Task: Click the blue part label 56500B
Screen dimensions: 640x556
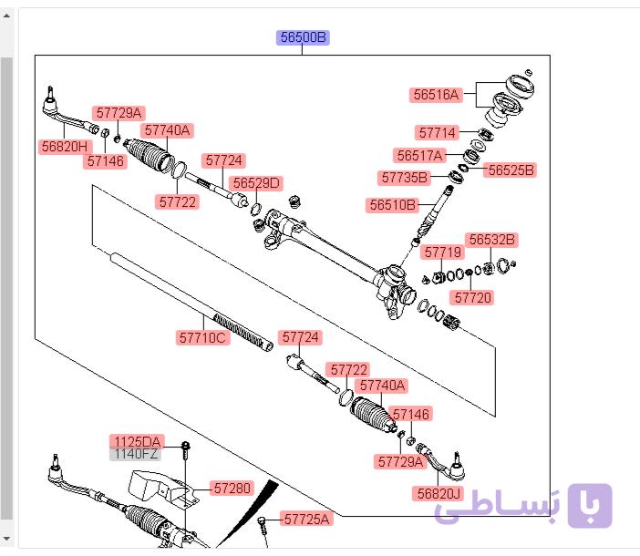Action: coord(303,37)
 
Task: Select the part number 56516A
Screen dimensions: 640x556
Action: coord(436,95)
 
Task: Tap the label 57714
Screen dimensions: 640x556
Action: coord(437,132)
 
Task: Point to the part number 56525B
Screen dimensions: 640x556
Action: coord(511,170)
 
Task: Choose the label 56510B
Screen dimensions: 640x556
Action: coord(392,205)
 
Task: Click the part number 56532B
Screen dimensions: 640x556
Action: coord(491,240)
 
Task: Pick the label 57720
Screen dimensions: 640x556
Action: coord(472,297)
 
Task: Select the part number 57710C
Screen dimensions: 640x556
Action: coord(202,338)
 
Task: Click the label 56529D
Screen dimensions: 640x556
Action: coord(256,183)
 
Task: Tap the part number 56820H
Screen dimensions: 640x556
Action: coord(65,146)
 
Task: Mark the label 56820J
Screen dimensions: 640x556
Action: coord(439,494)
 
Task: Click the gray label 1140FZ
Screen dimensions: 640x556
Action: coord(136,454)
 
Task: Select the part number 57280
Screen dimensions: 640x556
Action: coord(232,488)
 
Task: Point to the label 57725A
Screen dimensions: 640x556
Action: coord(306,519)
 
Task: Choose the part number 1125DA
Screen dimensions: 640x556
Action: coord(137,441)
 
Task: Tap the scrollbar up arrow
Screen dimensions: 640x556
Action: coord(6,16)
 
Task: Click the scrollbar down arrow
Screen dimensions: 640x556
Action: coord(6,539)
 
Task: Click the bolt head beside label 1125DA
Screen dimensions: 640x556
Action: coord(185,446)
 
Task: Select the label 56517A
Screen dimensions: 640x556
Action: coord(419,156)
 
